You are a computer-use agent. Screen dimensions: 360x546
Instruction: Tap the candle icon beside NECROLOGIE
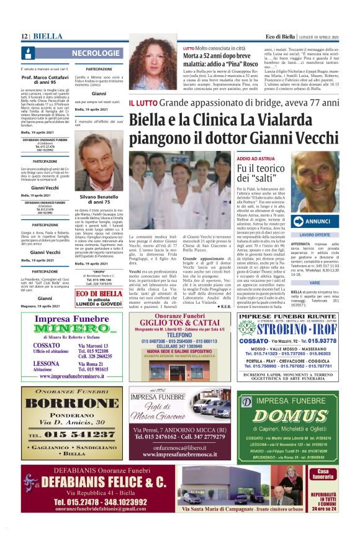(x=29, y=53)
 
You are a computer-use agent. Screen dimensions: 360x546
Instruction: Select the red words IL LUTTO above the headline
(x=142, y=102)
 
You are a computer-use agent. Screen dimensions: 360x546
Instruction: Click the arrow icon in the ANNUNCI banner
(x=297, y=221)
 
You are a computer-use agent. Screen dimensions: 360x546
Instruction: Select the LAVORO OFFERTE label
(x=315, y=235)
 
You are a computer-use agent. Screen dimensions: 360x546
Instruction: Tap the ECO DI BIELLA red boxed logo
(x=99, y=294)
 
